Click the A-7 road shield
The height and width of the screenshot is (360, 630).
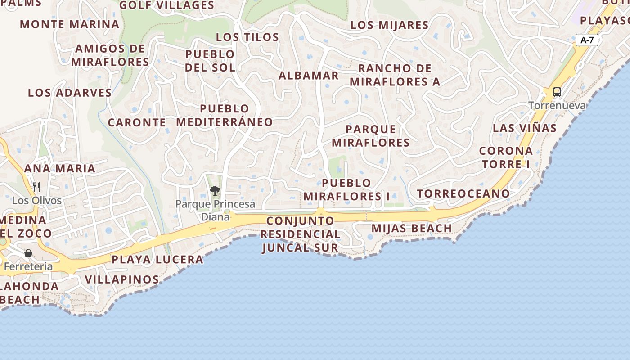(587, 40)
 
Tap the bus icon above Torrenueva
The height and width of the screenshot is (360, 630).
(557, 92)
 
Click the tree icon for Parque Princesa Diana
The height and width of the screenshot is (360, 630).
(215, 191)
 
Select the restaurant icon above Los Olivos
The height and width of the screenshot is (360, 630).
(36, 187)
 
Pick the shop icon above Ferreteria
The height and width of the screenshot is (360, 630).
(28, 253)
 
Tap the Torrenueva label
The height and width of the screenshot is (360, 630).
(557, 106)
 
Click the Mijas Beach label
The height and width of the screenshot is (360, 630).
(412, 229)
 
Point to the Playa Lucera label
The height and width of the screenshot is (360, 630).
(157, 260)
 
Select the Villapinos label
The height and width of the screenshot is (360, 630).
(122, 279)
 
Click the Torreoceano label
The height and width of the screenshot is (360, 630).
(463, 194)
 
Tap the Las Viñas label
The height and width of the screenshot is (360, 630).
(525, 128)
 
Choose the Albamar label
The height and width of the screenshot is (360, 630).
(309, 76)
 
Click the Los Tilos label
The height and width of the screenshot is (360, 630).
(247, 37)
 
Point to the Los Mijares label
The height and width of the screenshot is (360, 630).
(389, 25)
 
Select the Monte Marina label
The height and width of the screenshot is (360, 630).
(70, 24)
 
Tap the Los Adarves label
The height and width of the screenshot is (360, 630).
(70, 93)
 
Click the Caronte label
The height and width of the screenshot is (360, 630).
(137, 122)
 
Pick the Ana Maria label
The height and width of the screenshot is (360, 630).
(60, 169)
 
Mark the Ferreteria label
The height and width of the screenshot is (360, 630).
(28, 266)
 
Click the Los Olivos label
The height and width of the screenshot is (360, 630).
(37, 201)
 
